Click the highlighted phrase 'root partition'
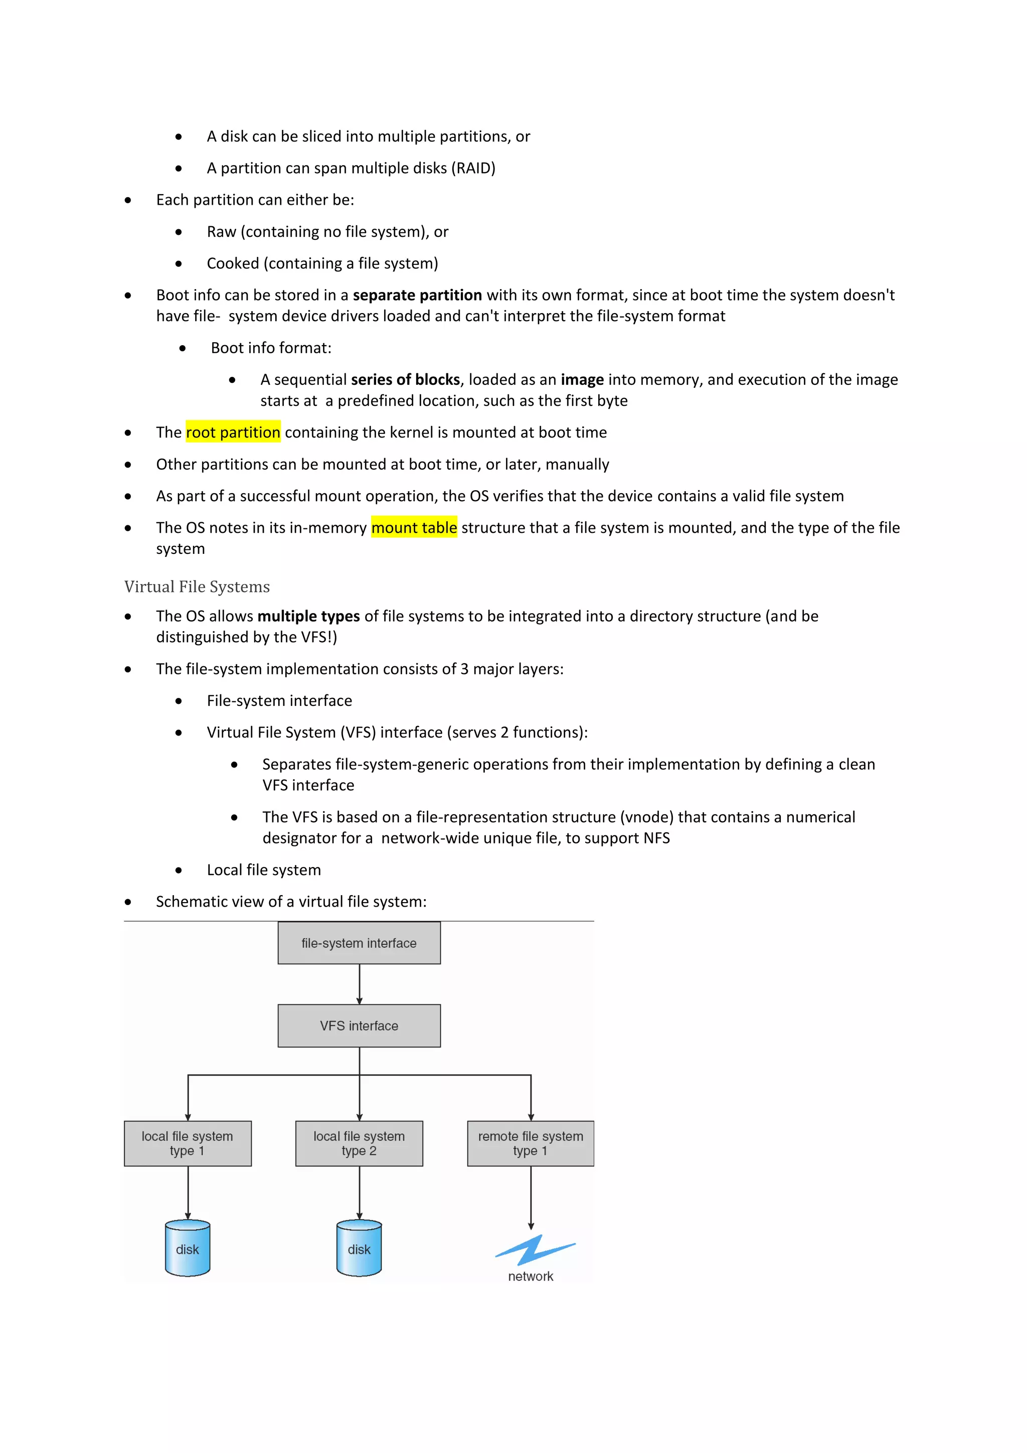[x=233, y=432]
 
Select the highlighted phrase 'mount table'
[x=414, y=527]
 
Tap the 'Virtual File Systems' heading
[x=197, y=587]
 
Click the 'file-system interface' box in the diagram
[x=359, y=943]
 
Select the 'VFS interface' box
[x=359, y=1025]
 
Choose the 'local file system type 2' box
[x=359, y=1143]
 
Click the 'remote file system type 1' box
[x=530, y=1143]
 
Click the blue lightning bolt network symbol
[x=535, y=1250]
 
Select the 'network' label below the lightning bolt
[x=530, y=1276]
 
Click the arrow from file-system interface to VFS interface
[x=359, y=984]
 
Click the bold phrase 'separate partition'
[x=417, y=295]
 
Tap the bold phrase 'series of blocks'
[x=405, y=380]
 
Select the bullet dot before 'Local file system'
[x=179, y=870]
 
